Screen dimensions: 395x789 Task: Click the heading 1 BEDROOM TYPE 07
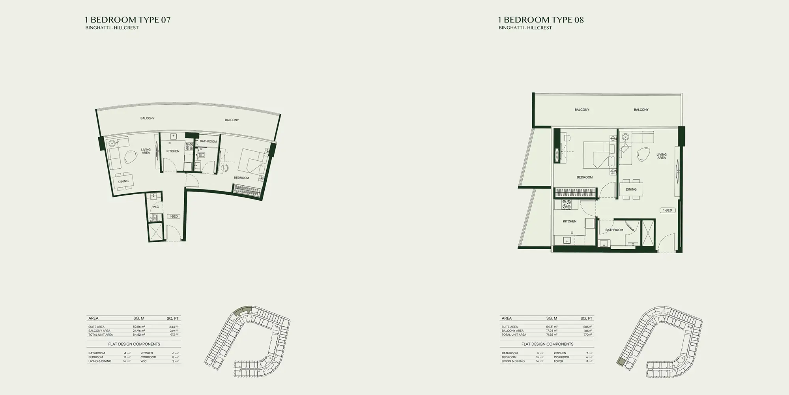(x=128, y=20)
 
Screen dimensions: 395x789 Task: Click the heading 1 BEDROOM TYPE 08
(x=541, y=20)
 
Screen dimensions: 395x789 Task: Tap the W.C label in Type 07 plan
(x=156, y=207)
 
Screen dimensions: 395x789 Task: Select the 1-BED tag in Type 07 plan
(x=174, y=216)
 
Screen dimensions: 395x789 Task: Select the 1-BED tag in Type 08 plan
(x=667, y=210)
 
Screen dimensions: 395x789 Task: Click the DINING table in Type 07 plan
(x=123, y=181)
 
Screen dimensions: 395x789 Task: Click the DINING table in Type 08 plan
(x=631, y=189)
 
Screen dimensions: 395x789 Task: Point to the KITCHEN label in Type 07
(x=173, y=151)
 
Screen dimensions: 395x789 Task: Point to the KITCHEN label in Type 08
(x=570, y=221)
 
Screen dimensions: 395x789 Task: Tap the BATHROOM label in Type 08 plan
(x=614, y=230)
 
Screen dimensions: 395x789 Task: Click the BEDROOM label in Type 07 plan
(x=241, y=178)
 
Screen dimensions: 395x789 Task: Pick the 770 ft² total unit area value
(x=588, y=335)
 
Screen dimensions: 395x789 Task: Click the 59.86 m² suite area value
(x=139, y=327)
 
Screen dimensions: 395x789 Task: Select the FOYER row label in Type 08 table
(x=558, y=361)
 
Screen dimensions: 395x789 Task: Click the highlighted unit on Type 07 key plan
(x=242, y=311)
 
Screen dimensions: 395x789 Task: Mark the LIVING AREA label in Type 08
(x=662, y=156)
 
